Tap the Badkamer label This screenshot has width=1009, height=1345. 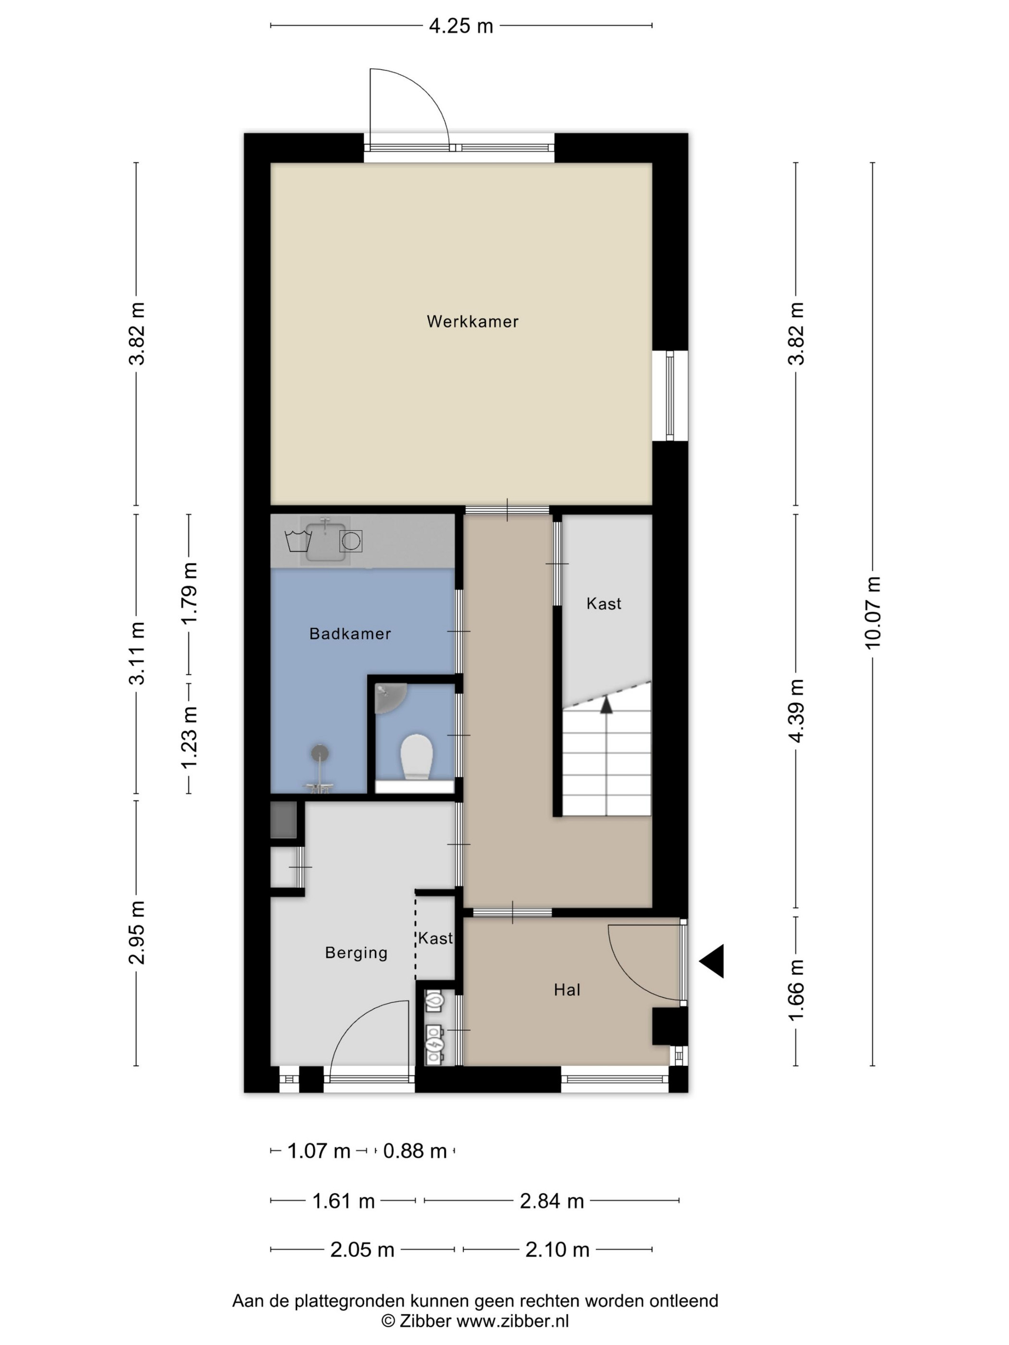point(350,634)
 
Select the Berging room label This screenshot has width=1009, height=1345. point(356,953)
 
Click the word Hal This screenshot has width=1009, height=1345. point(567,990)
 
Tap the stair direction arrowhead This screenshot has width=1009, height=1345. point(606,705)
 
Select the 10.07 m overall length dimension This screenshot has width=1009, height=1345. point(873,613)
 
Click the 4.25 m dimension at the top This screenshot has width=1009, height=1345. point(461,26)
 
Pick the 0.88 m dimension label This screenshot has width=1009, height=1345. point(415,1151)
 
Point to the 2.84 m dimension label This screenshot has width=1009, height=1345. point(552,1201)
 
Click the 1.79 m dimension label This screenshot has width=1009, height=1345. point(188,593)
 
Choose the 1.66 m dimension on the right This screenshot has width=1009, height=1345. point(796,990)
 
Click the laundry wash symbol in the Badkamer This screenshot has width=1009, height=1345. point(298,540)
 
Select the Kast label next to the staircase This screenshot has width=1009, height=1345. point(604,604)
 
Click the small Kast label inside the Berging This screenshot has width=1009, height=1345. point(435,938)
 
